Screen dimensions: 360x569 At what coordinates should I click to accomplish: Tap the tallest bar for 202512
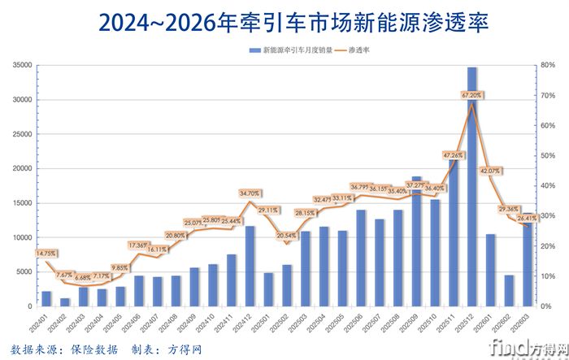click(472, 187)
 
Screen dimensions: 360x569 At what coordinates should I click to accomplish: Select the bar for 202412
click(250, 266)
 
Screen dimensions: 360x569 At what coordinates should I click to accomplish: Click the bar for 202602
click(510, 290)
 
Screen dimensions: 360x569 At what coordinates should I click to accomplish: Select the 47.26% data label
click(453, 154)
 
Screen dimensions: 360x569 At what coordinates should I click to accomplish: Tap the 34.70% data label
click(250, 193)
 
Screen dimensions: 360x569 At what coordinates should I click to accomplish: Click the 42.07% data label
click(491, 171)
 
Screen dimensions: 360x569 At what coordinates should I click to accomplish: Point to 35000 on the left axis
click(21, 66)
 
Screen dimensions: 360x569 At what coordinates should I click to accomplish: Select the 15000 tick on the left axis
click(21, 203)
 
